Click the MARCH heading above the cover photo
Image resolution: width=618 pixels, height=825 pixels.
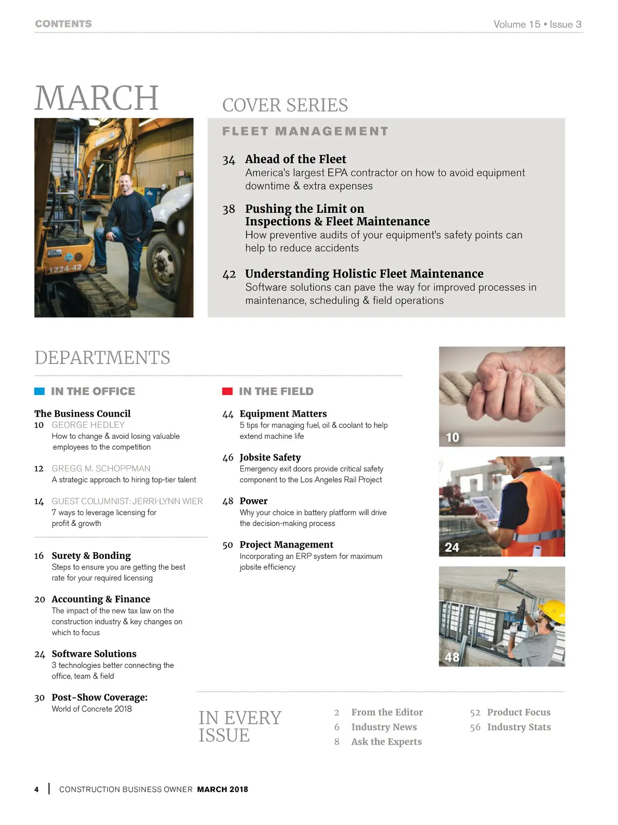click(x=96, y=98)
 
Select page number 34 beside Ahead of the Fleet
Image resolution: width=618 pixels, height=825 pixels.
click(x=229, y=160)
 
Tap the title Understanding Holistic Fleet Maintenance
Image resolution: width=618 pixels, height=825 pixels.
click(x=364, y=274)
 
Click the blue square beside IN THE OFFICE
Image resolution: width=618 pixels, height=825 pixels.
click(x=39, y=391)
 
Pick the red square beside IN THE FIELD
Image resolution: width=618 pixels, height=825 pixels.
click(x=227, y=391)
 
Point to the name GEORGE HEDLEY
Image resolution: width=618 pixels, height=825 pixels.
click(x=88, y=425)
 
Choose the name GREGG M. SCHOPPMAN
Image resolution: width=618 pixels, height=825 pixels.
click(x=101, y=468)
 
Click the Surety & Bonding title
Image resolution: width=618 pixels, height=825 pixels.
click(x=91, y=555)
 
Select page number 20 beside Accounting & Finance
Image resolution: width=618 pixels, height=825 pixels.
click(x=40, y=599)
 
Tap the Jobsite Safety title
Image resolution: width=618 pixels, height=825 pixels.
click(x=270, y=457)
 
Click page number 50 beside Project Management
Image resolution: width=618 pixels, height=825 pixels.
click(x=228, y=545)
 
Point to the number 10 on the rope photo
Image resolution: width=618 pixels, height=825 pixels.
click(x=452, y=438)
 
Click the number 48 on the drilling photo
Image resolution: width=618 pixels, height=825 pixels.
click(x=452, y=657)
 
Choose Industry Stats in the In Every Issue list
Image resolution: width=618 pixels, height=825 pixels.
click(x=519, y=727)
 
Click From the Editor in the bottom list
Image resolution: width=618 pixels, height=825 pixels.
click(x=387, y=712)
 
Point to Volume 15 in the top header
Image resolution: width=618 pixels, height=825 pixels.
click(x=517, y=24)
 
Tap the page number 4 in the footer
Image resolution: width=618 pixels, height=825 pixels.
click(x=37, y=789)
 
